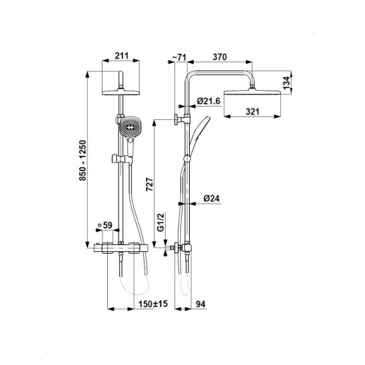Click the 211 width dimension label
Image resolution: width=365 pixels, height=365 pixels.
click(122, 56)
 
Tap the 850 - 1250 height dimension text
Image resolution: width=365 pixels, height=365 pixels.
click(83, 160)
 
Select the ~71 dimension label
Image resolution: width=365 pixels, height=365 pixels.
click(179, 57)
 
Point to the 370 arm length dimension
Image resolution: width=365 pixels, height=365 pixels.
click(220, 57)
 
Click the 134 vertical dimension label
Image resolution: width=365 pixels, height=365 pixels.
click(286, 83)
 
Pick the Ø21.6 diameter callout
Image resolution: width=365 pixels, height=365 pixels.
click(208, 101)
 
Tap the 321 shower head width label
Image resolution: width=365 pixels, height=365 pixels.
click(252, 111)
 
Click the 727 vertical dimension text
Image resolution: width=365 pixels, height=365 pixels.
click(150, 184)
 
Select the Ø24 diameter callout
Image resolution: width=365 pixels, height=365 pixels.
click(212, 198)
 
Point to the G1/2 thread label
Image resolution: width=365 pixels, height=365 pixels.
click(161, 222)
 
